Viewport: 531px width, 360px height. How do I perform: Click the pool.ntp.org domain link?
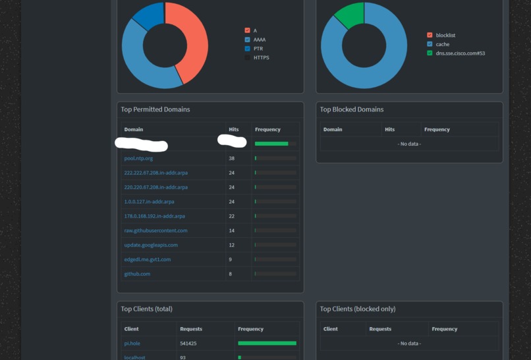click(x=138, y=158)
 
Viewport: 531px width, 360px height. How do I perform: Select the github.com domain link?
click(x=137, y=274)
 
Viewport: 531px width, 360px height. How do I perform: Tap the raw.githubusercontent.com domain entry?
click(x=155, y=231)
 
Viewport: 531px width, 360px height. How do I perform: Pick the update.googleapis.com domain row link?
click(x=151, y=245)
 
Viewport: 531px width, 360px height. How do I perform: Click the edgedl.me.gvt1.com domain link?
click(x=147, y=260)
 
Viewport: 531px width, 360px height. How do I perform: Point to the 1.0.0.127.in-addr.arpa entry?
click(x=149, y=202)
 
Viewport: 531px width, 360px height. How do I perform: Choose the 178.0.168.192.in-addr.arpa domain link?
click(x=154, y=216)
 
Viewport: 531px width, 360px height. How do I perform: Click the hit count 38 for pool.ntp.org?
click(x=232, y=158)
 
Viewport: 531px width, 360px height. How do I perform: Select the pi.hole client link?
click(x=132, y=344)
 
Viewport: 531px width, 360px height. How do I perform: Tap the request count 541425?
click(x=188, y=344)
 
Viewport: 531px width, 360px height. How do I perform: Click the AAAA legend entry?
click(x=259, y=40)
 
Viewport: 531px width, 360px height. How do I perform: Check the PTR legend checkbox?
click(x=248, y=49)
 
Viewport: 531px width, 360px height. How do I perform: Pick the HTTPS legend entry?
click(x=261, y=58)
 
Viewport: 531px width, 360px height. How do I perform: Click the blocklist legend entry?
click(x=445, y=35)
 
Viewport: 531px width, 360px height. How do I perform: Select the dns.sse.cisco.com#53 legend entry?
click(x=460, y=53)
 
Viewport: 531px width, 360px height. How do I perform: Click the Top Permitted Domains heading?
click(x=155, y=109)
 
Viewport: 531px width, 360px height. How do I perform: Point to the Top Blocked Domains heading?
click(x=351, y=109)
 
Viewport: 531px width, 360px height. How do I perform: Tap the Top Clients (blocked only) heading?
click(x=358, y=309)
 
